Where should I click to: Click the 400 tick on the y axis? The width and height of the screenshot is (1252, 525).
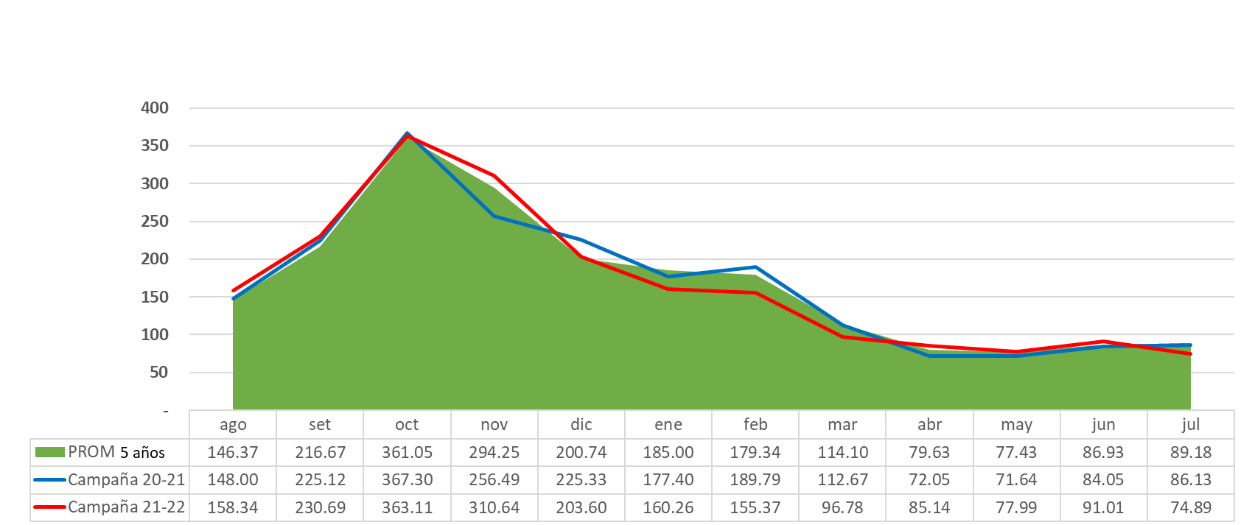tap(155, 108)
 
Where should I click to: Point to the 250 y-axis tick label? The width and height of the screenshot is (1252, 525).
tap(155, 222)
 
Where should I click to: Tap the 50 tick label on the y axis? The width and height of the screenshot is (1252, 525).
tap(158, 373)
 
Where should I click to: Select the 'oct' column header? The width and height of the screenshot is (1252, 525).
tap(407, 425)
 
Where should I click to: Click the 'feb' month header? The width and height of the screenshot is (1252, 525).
tap(755, 425)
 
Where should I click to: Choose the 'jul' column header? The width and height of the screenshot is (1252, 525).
tap(1190, 425)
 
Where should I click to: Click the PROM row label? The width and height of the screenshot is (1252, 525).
tap(91, 452)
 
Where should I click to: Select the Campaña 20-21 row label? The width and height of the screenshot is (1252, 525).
tap(126, 480)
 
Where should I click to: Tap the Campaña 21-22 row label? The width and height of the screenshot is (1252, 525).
tap(126, 507)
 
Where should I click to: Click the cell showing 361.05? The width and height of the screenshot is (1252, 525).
tap(407, 452)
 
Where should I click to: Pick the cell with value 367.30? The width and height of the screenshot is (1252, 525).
tap(407, 480)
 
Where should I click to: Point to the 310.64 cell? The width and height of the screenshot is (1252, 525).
tap(494, 507)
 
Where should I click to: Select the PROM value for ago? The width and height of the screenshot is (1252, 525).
tap(233, 452)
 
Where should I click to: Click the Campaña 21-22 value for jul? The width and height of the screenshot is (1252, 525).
tap(1190, 507)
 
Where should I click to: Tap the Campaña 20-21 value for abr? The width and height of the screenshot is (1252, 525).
tap(929, 480)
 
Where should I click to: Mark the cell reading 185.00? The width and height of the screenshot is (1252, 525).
tap(668, 452)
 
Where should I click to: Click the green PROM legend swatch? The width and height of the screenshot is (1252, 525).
tap(50, 452)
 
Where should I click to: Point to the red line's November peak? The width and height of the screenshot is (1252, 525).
tap(494, 176)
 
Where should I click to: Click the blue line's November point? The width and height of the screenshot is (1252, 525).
tap(494, 216)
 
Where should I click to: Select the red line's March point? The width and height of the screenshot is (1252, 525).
tap(842, 337)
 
